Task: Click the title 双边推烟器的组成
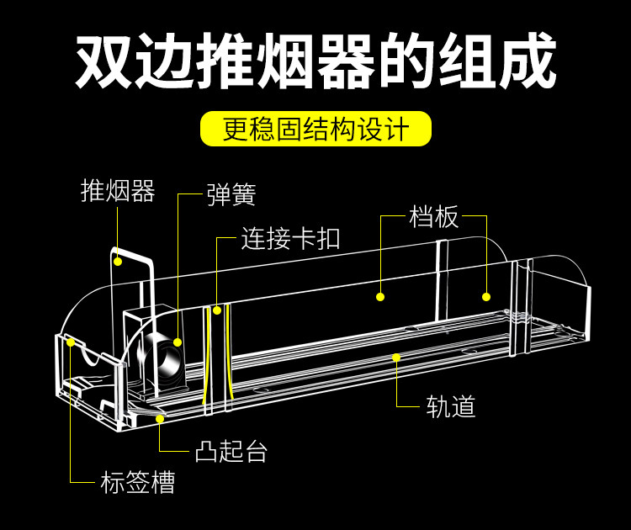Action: pos(315,61)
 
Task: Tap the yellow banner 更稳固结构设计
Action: pos(315,129)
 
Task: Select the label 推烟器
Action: pos(118,191)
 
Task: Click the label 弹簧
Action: pos(231,194)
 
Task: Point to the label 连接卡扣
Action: pos(290,238)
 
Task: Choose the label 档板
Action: pos(434,216)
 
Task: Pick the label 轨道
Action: pos(451,405)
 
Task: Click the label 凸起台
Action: pos(231,451)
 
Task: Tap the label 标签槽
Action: pos(138,482)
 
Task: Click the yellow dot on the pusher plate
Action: pos(118,262)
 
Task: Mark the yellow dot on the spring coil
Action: pos(178,342)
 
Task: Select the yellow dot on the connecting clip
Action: pos(217,310)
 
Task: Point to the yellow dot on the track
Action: pos(396,358)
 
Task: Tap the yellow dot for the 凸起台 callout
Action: pos(160,419)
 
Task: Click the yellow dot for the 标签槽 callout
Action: pos(71,342)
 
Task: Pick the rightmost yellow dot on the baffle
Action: pos(486,297)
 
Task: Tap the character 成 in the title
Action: pos(528,61)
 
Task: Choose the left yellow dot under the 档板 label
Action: pos(380,297)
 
